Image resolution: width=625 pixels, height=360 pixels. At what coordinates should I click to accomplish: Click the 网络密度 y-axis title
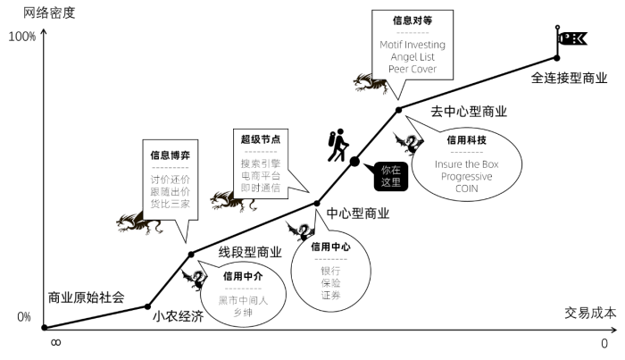[x=49, y=13]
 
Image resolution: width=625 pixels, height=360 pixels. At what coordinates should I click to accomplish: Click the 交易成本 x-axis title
[x=590, y=313]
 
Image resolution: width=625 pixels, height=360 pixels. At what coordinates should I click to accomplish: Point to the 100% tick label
[x=22, y=37]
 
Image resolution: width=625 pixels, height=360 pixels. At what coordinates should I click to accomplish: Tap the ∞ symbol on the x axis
[x=55, y=343]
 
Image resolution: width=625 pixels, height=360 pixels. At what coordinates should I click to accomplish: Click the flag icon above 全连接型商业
[x=571, y=38]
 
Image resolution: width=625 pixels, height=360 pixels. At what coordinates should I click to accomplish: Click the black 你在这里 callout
[x=387, y=176]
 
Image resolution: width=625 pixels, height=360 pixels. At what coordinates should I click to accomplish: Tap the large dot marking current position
[x=354, y=162]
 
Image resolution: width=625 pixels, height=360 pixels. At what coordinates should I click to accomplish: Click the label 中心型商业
[x=357, y=213]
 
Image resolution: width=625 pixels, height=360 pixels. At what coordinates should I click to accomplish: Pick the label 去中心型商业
[x=469, y=112]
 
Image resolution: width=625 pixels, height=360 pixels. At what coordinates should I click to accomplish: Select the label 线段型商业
[x=250, y=252]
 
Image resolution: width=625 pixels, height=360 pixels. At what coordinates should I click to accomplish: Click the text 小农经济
[x=179, y=316]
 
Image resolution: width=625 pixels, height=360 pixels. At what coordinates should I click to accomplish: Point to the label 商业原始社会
[x=86, y=297]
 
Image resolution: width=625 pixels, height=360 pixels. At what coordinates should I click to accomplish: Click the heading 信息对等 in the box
[x=412, y=21]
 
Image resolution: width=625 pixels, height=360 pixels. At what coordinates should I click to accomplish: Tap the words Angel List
[x=412, y=56]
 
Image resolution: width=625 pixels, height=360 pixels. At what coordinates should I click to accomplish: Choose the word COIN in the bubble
[x=466, y=188]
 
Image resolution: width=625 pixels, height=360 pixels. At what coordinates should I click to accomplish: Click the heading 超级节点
[x=261, y=139]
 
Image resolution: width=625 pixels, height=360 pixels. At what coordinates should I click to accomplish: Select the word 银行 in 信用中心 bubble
[x=330, y=271]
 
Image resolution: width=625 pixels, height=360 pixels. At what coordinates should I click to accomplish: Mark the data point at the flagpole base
[x=557, y=58]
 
